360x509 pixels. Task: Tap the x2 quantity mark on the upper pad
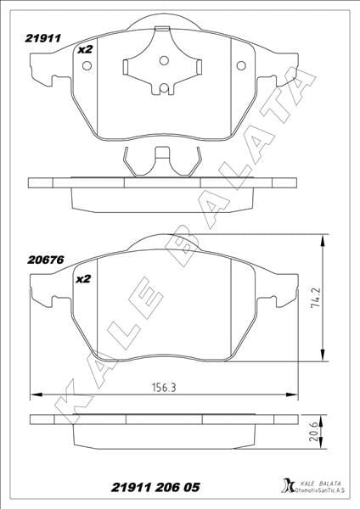click(84, 49)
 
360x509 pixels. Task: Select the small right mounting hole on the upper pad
click(239, 65)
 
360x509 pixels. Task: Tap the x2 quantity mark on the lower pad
click(84, 278)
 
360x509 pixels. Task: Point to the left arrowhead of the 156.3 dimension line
click(34, 394)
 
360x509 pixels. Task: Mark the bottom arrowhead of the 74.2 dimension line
click(323, 357)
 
